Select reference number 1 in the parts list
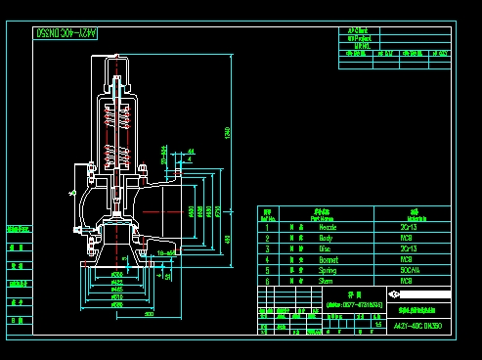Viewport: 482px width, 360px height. click(267, 226)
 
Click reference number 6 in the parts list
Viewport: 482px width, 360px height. click(267, 281)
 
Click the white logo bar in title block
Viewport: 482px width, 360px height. click(420, 293)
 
